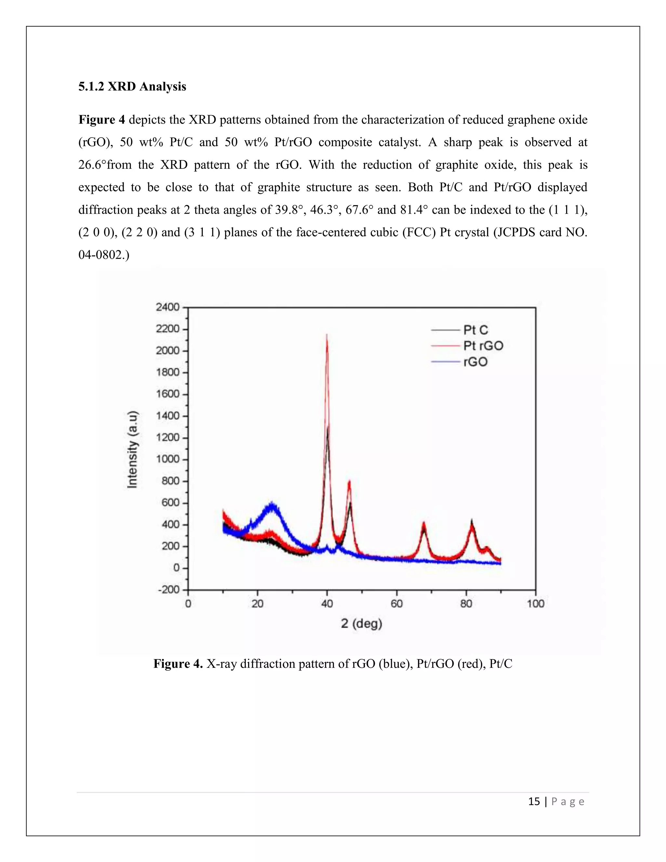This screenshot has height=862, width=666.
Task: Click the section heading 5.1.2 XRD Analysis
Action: pos(132,87)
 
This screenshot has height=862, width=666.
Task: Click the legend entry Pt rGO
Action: pos(483,346)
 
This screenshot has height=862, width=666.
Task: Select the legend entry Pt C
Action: pos(475,330)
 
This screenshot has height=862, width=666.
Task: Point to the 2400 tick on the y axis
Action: pos(168,307)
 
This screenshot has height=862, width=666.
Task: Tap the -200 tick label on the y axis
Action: pos(168,590)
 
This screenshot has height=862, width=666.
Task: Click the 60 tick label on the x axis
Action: pos(396,603)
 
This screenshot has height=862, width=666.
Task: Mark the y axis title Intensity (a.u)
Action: pos(133,449)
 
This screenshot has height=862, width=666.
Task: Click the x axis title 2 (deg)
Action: pos(361,624)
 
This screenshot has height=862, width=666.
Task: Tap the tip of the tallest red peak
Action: pos(327,335)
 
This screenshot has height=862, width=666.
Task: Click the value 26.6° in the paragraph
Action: pos(92,165)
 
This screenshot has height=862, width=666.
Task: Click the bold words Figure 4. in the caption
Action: pos(178,664)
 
